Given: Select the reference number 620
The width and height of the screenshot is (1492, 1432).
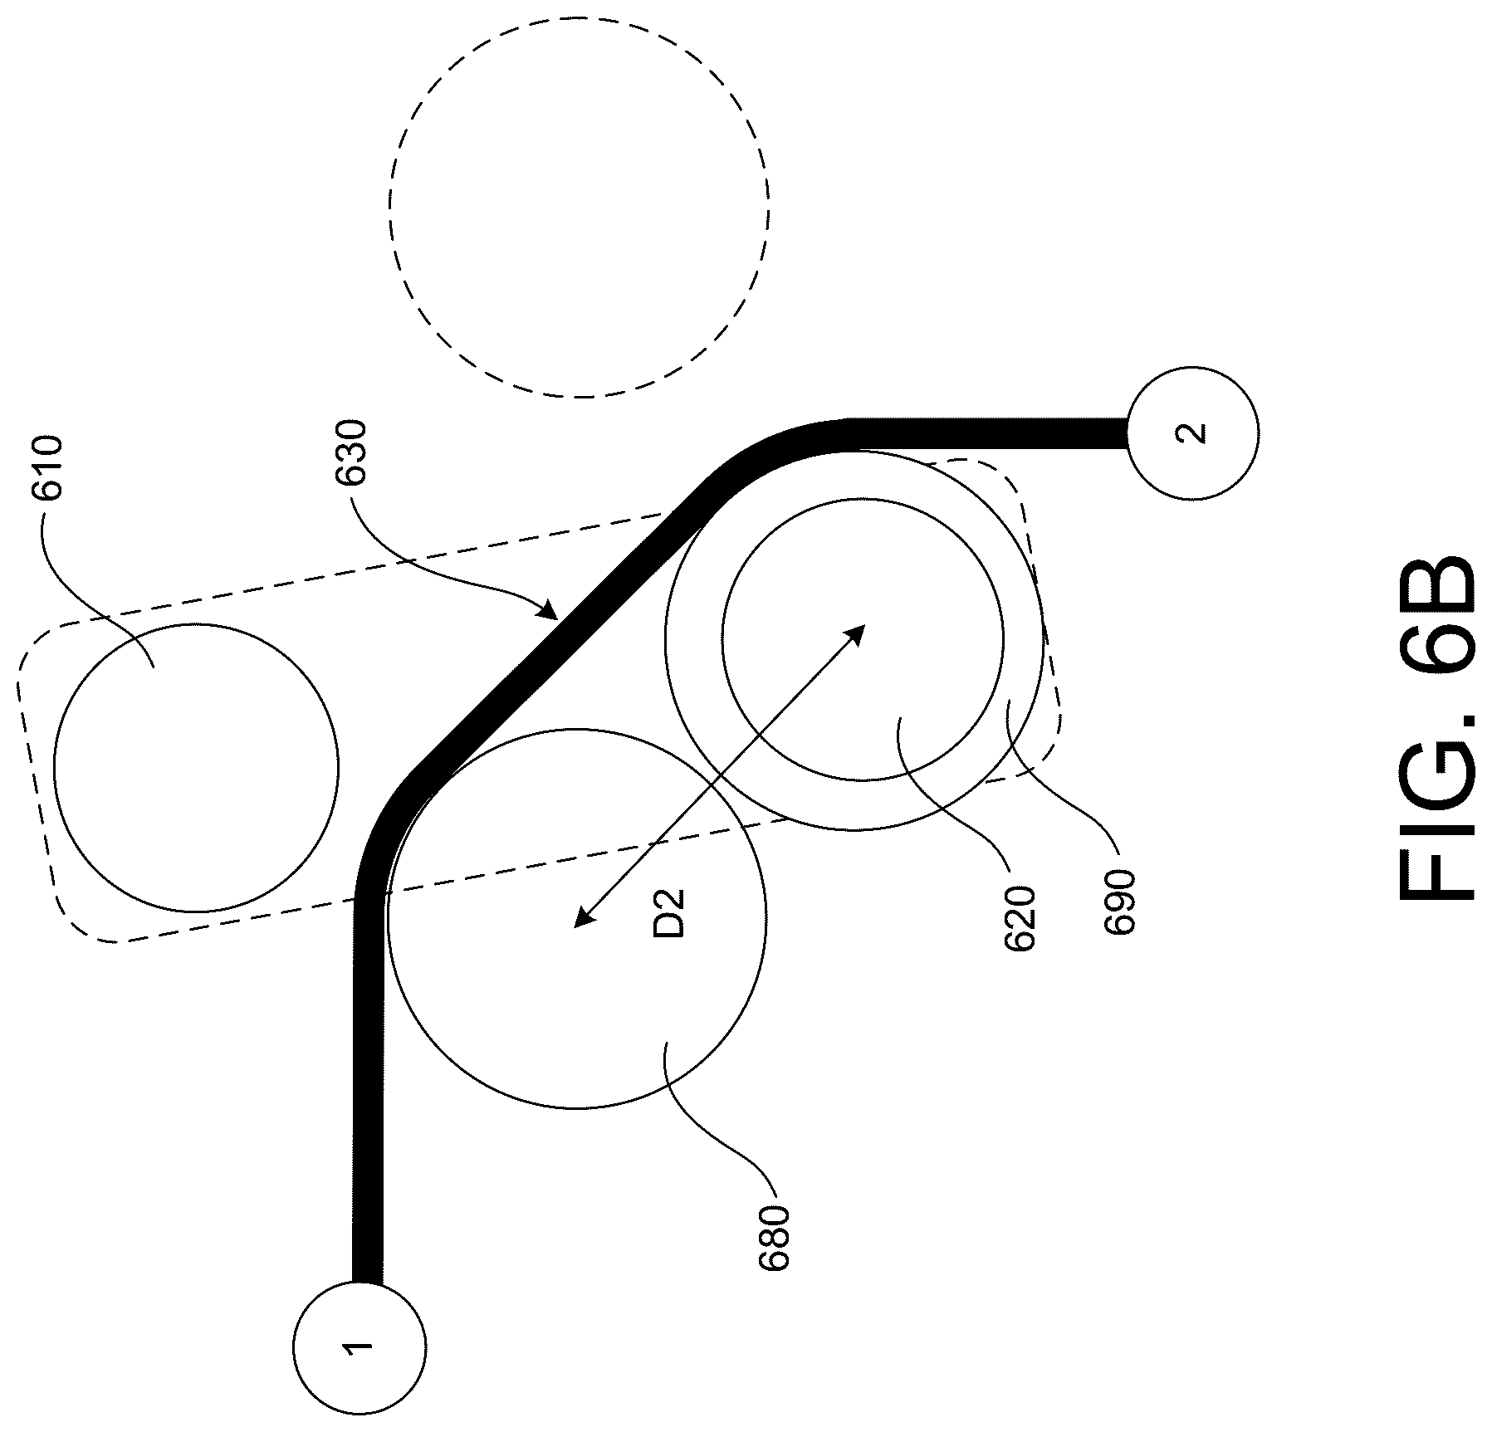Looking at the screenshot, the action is coord(1019,920).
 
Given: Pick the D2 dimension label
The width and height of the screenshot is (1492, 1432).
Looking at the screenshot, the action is coord(669,913).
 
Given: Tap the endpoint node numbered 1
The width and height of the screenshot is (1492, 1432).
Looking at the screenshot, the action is coord(360,1348).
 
